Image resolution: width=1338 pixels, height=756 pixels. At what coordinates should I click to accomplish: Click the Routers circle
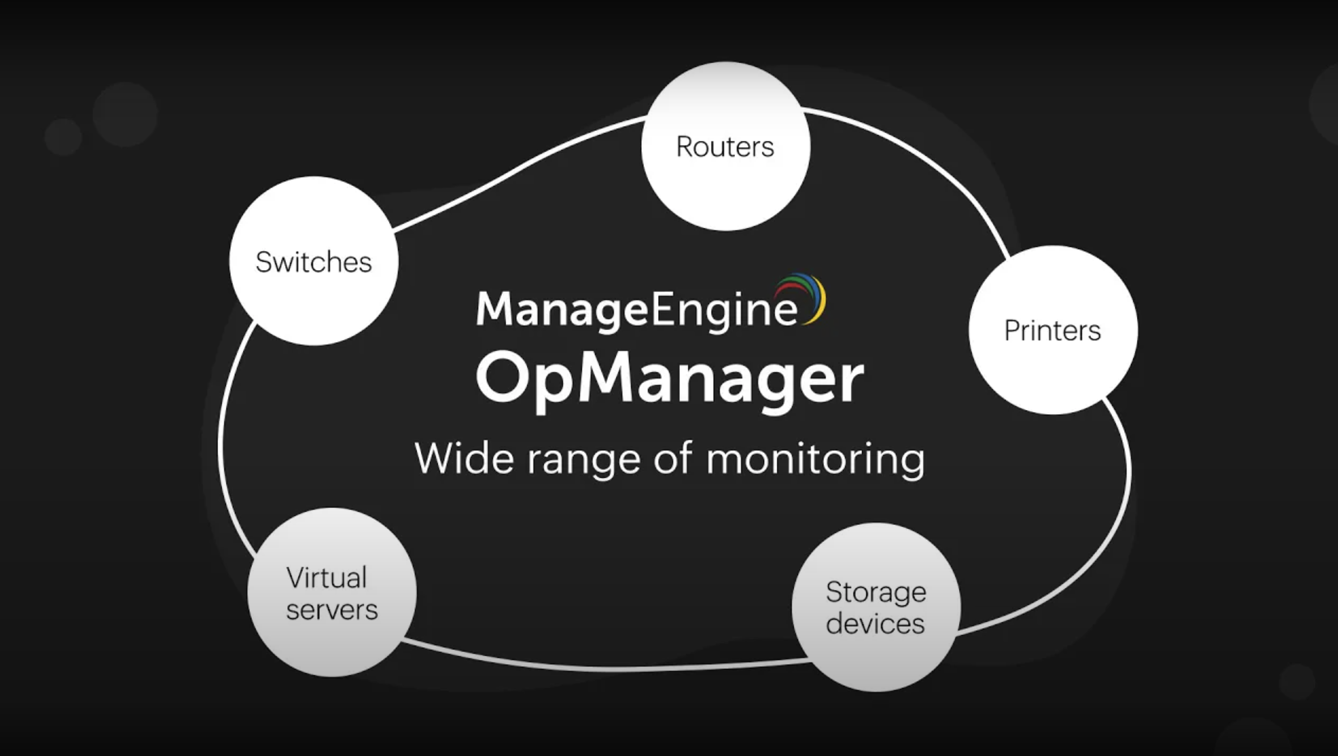[x=725, y=146]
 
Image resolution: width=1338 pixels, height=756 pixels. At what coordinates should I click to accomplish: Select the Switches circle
[x=314, y=261]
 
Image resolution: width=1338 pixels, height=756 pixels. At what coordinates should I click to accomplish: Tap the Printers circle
[x=1052, y=330]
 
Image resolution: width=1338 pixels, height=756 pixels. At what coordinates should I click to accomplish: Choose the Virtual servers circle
[x=332, y=593]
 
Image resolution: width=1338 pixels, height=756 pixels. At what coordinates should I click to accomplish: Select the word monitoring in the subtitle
[x=815, y=460]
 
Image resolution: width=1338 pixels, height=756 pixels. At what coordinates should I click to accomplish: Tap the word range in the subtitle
[x=584, y=460]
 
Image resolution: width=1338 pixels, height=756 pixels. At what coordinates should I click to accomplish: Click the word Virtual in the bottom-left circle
[x=327, y=578]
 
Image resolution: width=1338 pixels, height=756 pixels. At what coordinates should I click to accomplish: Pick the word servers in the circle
[x=332, y=610]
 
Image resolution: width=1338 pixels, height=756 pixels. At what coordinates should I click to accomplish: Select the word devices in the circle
[x=876, y=623]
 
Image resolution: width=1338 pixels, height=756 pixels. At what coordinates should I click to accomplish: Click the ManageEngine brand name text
[x=636, y=309]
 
